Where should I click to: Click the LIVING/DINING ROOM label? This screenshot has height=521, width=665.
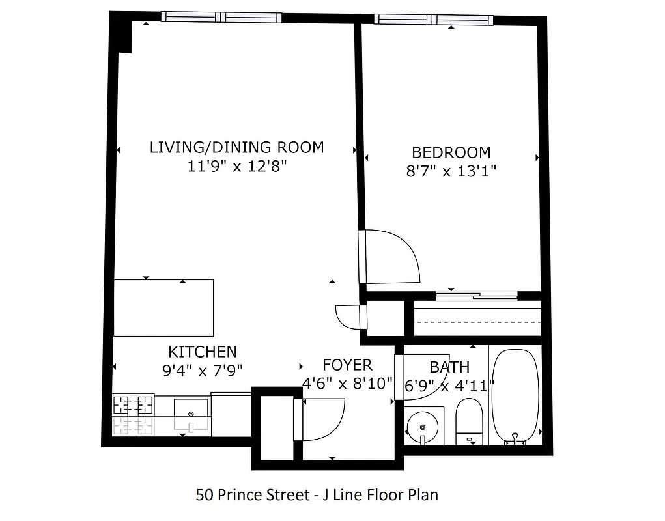(x=236, y=147)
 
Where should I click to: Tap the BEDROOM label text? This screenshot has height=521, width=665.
(x=451, y=153)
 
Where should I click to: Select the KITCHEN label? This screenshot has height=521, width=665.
(x=202, y=352)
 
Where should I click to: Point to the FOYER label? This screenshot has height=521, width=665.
(x=347, y=365)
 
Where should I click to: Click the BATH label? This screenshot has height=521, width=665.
(x=449, y=368)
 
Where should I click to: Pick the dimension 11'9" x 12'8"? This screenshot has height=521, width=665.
(x=237, y=167)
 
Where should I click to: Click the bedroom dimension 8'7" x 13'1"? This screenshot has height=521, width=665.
(x=451, y=172)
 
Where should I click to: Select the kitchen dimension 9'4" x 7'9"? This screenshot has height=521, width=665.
(x=202, y=371)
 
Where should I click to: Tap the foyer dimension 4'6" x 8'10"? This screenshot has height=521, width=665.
(x=348, y=384)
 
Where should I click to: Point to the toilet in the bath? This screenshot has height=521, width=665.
(x=468, y=420)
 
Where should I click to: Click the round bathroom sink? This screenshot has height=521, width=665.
(x=423, y=427)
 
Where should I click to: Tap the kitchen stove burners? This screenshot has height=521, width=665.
(x=134, y=406)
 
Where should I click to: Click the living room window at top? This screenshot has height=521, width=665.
(x=221, y=18)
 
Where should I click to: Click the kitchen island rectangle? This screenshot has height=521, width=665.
(x=163, y=308)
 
